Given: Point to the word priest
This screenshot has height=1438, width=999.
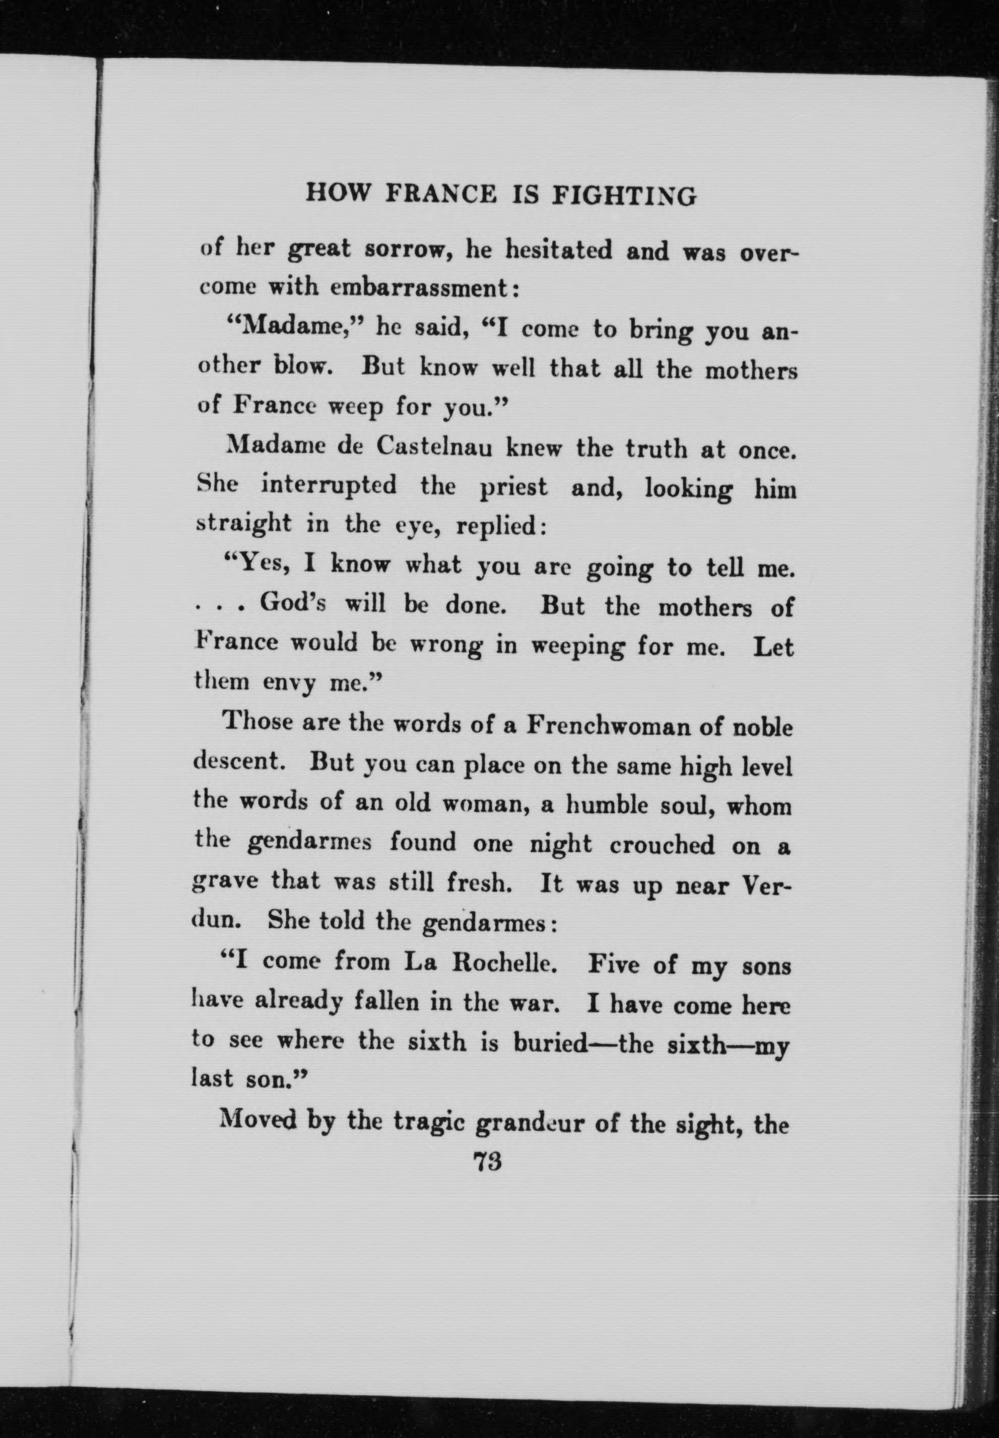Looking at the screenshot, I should (513, 486).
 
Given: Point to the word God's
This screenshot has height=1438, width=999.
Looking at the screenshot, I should (293, 604).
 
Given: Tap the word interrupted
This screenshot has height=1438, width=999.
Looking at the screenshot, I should (328, 485).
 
